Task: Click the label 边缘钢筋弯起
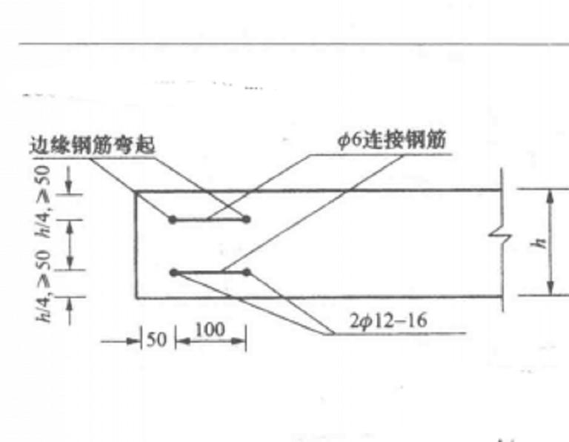(x=92, y=145)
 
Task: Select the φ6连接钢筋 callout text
(x=391, y=140)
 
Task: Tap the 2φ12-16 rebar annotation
(x=388, y=321)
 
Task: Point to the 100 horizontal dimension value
(x=210, y=330)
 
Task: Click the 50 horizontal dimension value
(x=157, y=340)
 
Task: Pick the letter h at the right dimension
(x=541, y=243)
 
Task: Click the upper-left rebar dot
(x=173, y=220)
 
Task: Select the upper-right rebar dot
(x=247, y=219)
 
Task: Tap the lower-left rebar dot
(x=174, y=272)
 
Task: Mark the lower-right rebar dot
(x=247, y=272)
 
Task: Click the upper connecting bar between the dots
(x=210, y=220)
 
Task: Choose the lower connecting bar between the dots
(x=210, y=272)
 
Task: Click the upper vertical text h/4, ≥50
(x=44, y=202)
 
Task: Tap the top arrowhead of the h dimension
(x=550, y=197)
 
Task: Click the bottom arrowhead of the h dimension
(x=551, y=288)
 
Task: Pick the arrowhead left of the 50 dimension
(x=133, y=341)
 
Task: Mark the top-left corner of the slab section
(x=136, y=191)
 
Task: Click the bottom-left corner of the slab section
(x=136, y=298)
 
